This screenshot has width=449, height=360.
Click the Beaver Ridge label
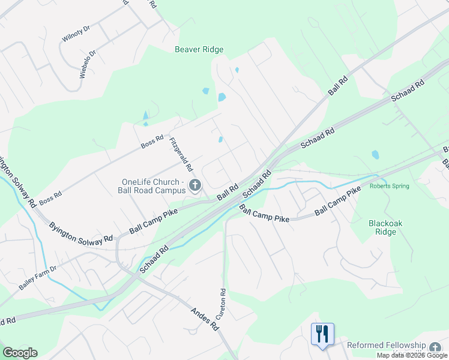coord(199,49)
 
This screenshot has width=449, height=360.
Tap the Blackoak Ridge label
coord(382,227)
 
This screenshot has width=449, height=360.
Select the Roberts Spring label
coord(389,186)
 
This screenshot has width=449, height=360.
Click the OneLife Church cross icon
coord(194,186)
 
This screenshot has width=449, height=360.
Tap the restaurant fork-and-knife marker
coord(322,334)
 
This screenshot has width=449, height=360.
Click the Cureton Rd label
coord(223,304)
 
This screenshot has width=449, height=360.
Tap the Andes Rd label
coord(205,319)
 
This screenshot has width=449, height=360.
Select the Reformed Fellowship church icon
coord(435,346)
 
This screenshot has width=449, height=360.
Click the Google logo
coord(20,353)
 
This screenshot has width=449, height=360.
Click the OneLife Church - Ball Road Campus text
coord(151,187)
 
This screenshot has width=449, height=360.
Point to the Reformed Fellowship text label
coord(386,346)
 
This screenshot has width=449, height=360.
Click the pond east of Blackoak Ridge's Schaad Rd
coord(375,154)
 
